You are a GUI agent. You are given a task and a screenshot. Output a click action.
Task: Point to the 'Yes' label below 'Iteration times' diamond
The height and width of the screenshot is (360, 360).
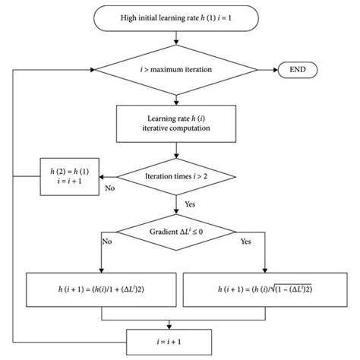coord(192,204)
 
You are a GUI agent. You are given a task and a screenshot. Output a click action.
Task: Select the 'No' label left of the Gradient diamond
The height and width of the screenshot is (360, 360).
coord(106,243)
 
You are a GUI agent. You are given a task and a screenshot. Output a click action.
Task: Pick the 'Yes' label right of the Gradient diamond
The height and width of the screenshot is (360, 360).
coord(245,243)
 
